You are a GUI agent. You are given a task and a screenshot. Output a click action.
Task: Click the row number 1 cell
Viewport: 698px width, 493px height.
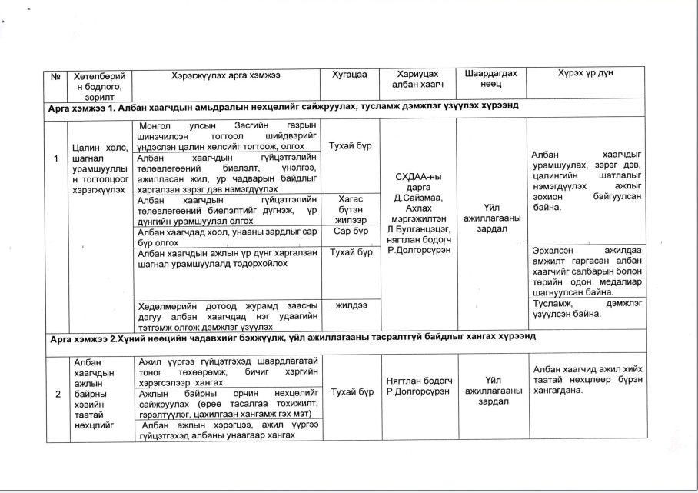[x=56, y=159]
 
